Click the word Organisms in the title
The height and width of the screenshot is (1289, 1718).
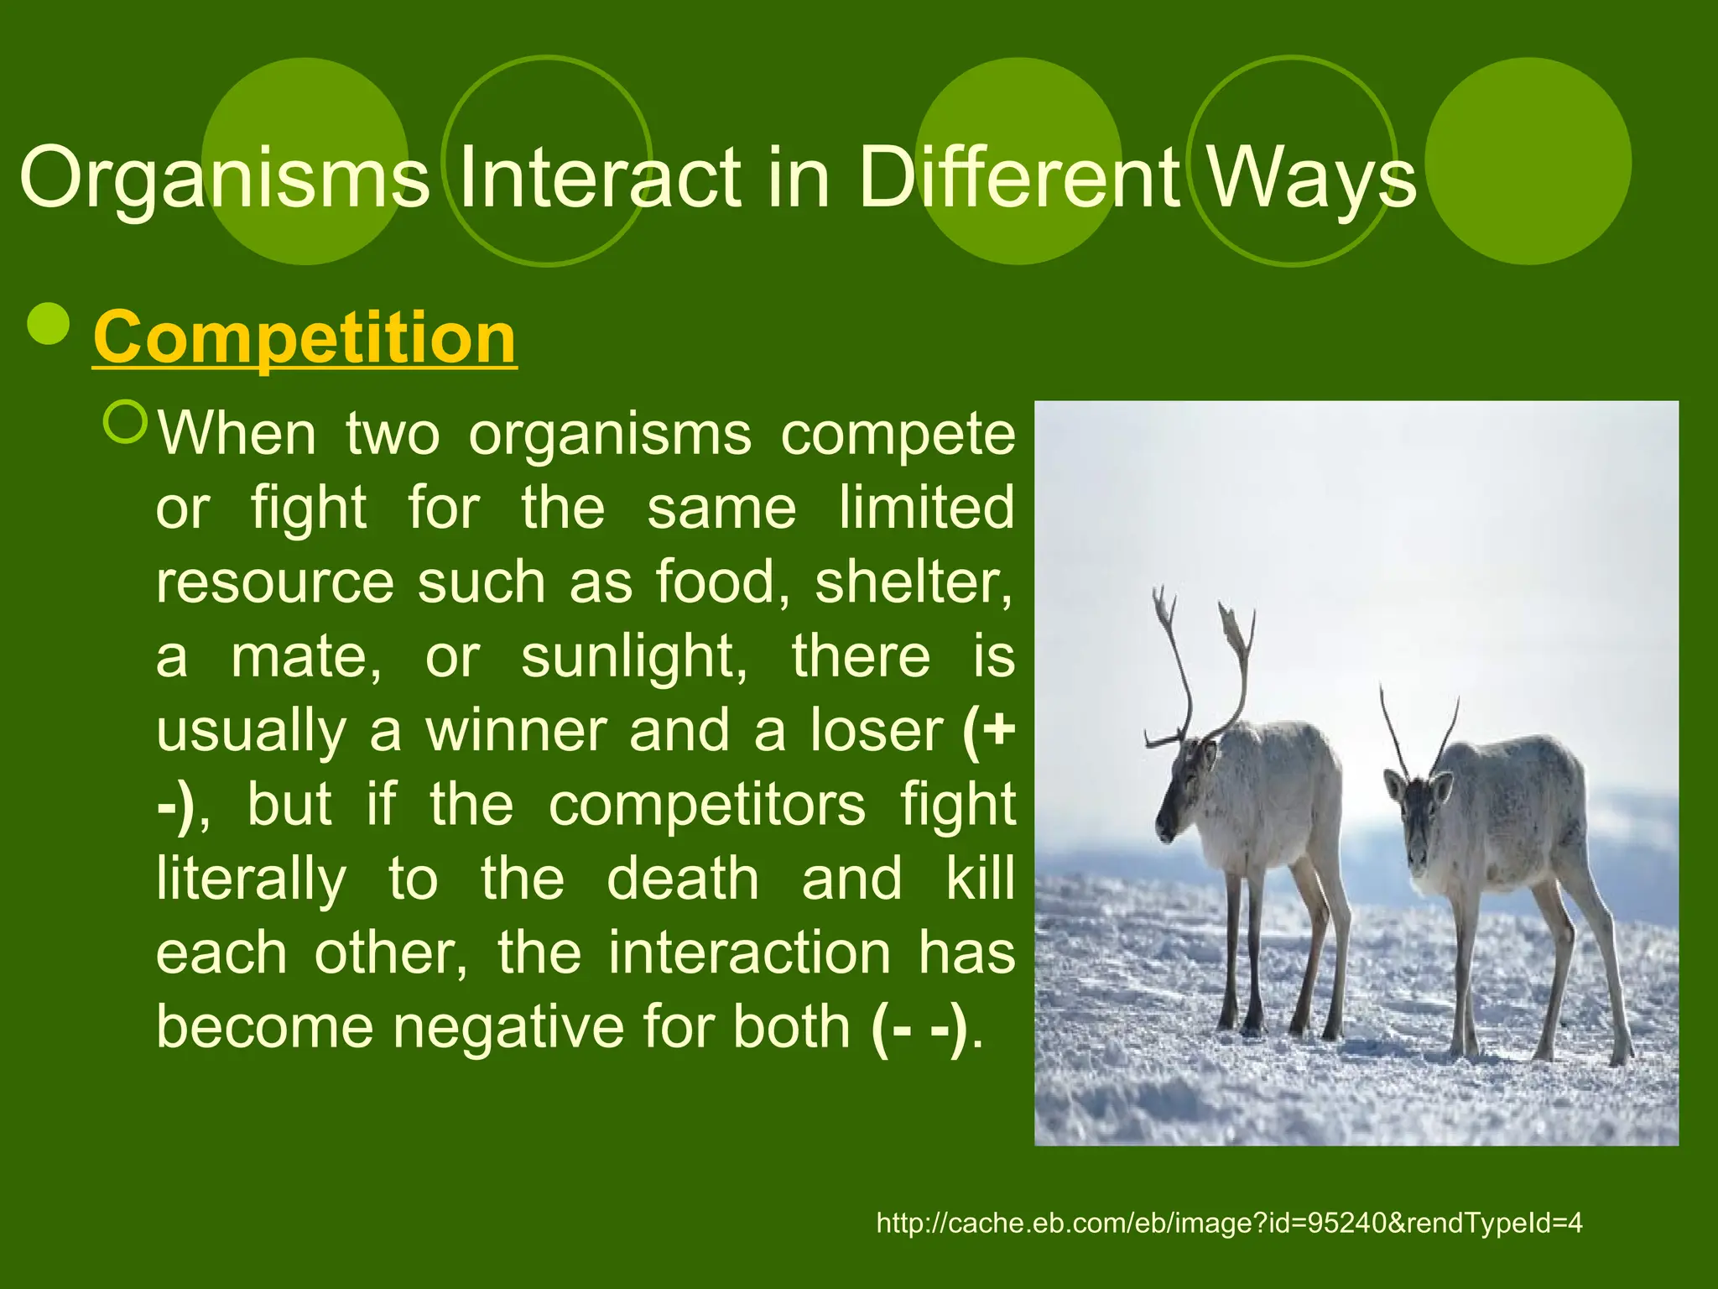pyautogui.click(x=224, y=178)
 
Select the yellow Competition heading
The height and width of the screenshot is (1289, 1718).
pyautogui.click(x=305, y=337)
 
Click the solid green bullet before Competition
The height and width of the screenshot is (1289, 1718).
pyautogui.click(x=49, y=323)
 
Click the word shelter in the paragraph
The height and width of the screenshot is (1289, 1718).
pyautogui.click(x=913, y=582)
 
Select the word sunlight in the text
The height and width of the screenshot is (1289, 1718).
pyautogui.click(x=633, y=656)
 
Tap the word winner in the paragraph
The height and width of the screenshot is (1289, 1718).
pyautogui.click(x=515, y=730)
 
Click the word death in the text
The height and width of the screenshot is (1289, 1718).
pyautogui.click(x=683, y=879)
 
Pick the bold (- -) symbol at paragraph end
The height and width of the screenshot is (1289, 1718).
pyautogui.click(x=919, y=1026)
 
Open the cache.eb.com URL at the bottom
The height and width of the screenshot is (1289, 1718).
pyautogui.click(x=1229, y=1223)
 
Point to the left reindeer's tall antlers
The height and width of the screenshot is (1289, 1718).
pyautogui.click(x=1200, y=663)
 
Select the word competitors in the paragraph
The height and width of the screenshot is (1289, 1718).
pyautogui.click(x=706, y=804)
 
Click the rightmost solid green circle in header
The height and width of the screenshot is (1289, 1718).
pyautogui.click(x=1528, y=161)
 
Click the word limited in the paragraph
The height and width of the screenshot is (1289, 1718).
pyautogui.click(x=927, y=509)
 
